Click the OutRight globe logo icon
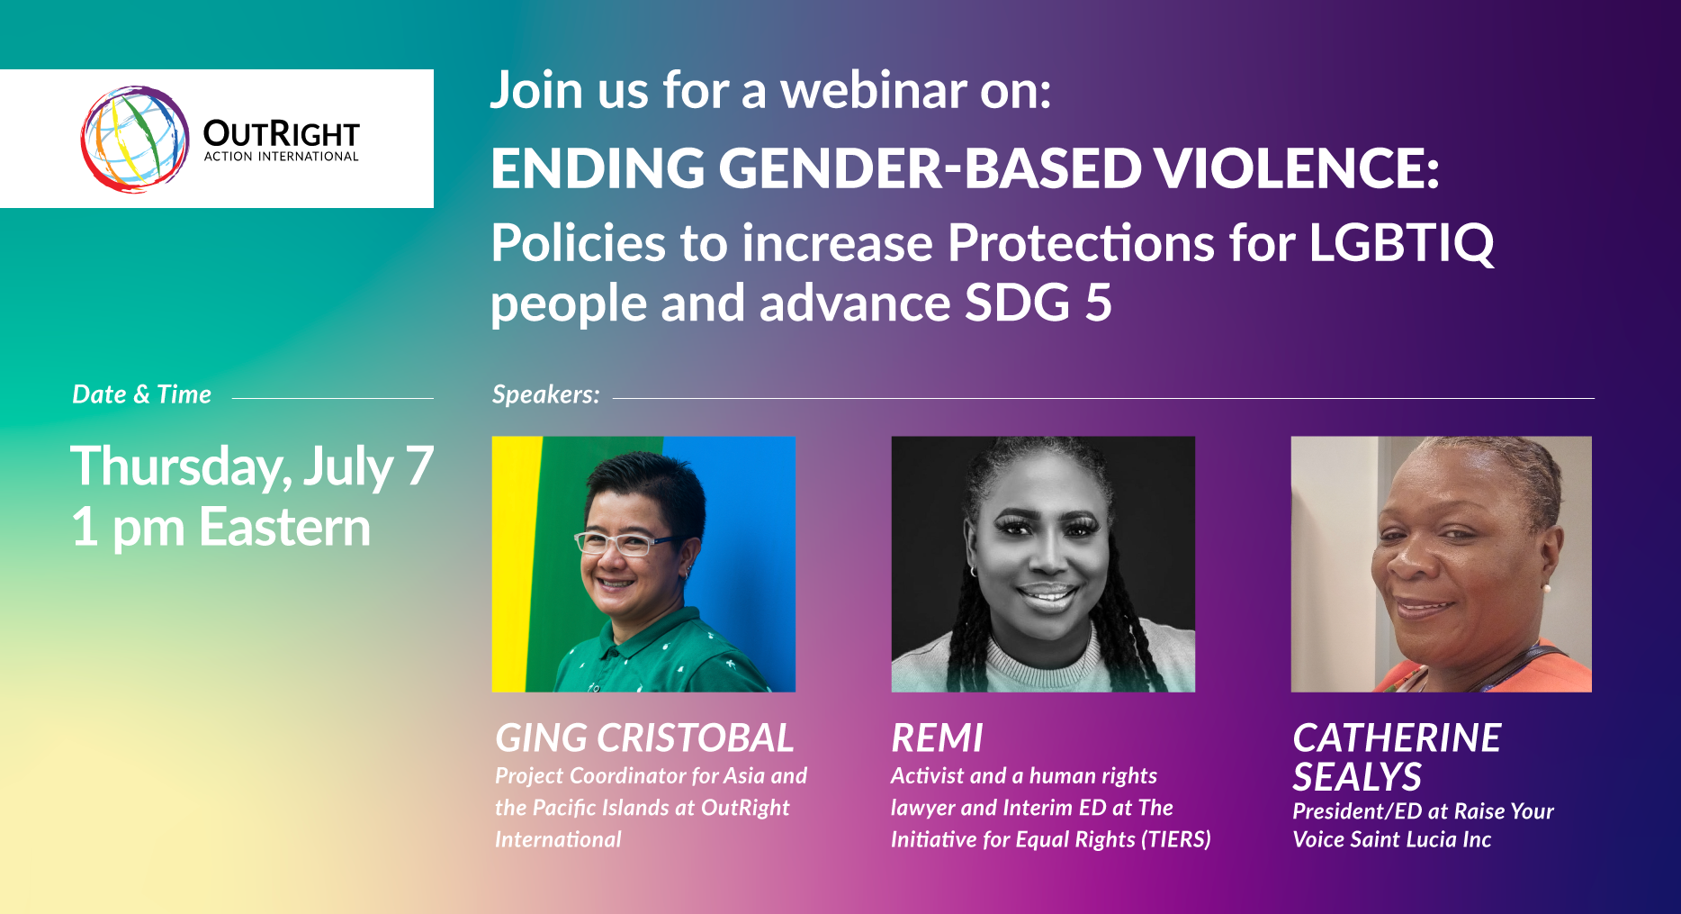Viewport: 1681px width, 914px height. click(x=135, y=140)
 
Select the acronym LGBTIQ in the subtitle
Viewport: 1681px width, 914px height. click(x=1400, y=243)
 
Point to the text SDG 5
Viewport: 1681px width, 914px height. click(x=1038, y=303)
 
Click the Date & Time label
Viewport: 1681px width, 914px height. click(x=141, y=394)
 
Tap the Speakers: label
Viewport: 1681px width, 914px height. click(x=545, y=394)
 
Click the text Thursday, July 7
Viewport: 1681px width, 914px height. click(x=252, y=466)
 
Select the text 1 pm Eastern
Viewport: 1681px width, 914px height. click(x=220, y=527)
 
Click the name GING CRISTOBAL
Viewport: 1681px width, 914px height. click(x=644, y=738)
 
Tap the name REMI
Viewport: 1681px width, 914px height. click(x=937, y=738)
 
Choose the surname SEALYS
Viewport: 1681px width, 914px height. click(x=1357, y=777)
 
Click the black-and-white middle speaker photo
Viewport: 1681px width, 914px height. click(x=1043, y=564)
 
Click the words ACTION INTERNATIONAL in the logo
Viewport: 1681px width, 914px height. click(x=281, y=157)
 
